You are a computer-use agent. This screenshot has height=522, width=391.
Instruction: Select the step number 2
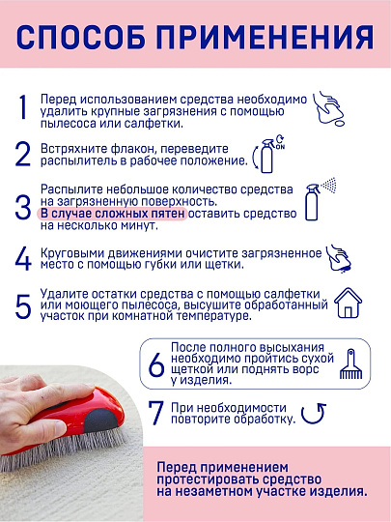click(23, 156)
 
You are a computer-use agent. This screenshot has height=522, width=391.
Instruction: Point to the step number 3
click(23, 205)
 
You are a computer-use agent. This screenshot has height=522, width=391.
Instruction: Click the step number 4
click(23, 258)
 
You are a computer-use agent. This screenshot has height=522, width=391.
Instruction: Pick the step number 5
click(23, 306)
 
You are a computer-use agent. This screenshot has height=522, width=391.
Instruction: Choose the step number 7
click(154, 415)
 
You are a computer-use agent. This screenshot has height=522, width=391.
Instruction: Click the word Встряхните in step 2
click(74, 149)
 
